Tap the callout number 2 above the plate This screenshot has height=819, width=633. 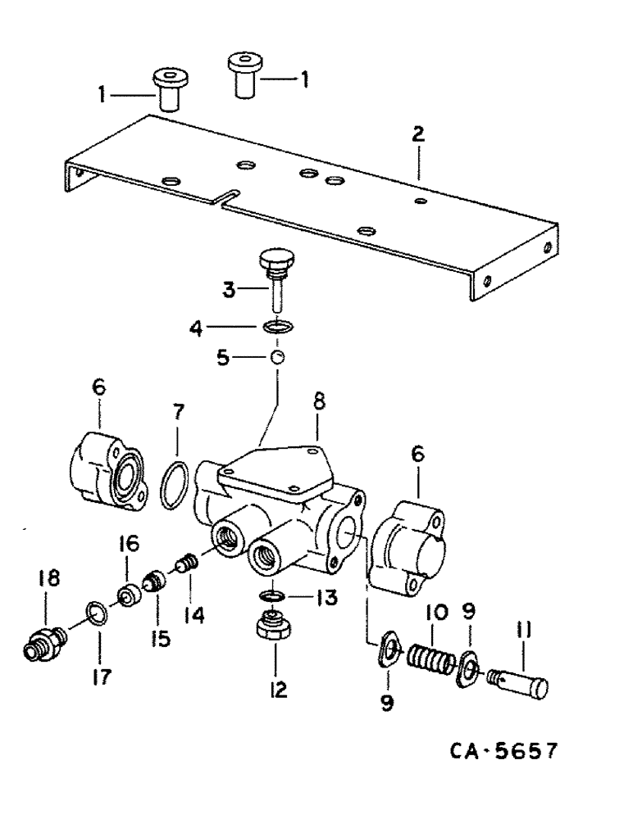418,136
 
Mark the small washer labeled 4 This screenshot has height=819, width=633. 278,328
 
